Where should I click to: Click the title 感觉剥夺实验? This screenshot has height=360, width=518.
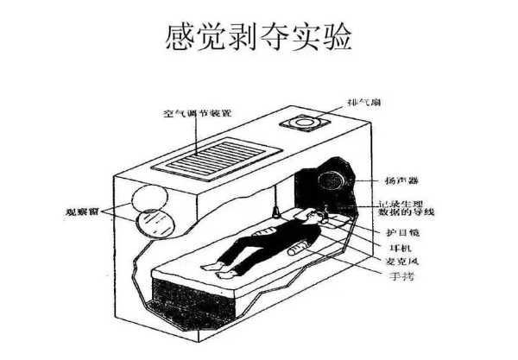[259, 36]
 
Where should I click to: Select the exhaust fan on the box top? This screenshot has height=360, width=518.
[306, 123]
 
